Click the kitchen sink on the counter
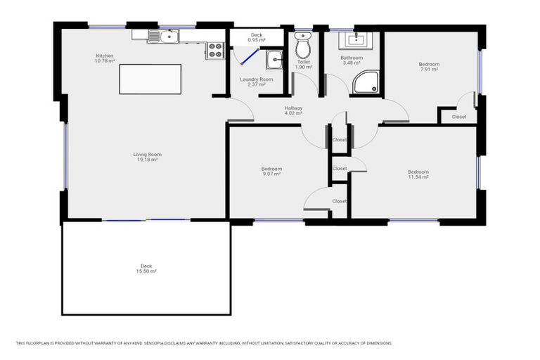[x=168, y=36]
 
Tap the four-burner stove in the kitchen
[x=215, y=50]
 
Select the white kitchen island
[x=150, y=79]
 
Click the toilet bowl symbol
[x=303, y=47]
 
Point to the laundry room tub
[x=274, y=60]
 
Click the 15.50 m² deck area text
[x=146, y=271]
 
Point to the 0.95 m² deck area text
[x=257, y=41]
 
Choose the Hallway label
[x=293, y=108]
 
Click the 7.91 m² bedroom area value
[x=429, y=70]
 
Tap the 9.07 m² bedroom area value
[x=271, y=174]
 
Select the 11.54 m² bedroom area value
[x=418, y=177]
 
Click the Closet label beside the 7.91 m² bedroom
[x=458, y=117]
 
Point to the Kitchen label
[x=105, y=56]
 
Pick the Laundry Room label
[x=256, y=79]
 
